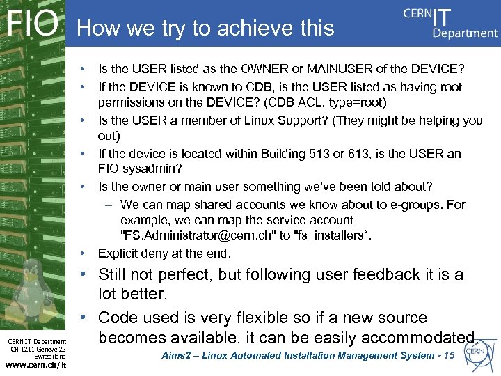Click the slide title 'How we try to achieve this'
point(206,28)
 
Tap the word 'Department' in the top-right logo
point(465,33)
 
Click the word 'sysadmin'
point(147,170)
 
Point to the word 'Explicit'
point(120,253)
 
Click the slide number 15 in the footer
point(448,355)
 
